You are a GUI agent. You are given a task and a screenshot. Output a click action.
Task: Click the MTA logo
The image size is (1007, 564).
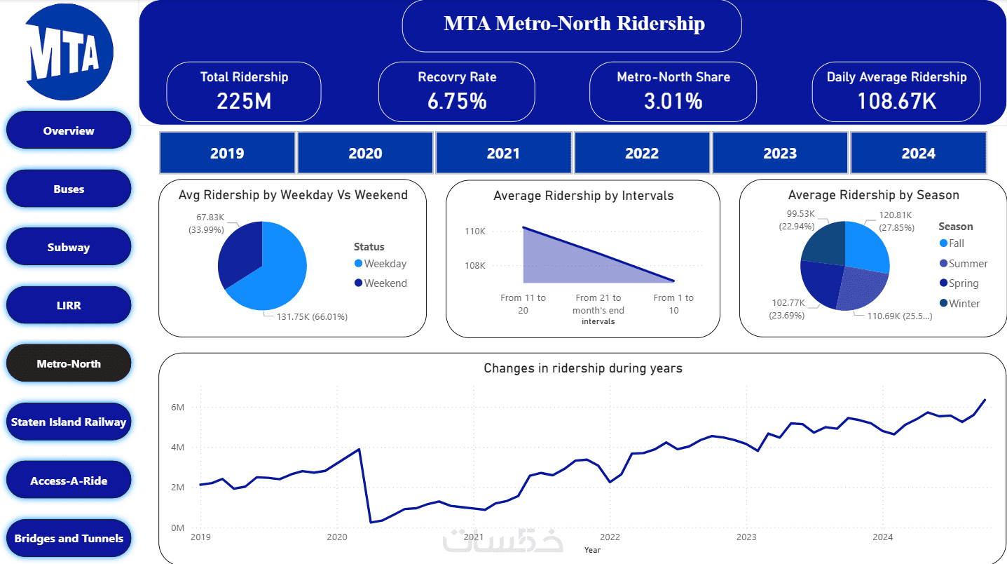click(x=69, y=53)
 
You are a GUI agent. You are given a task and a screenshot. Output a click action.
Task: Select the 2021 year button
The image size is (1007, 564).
click(x=503, y=153)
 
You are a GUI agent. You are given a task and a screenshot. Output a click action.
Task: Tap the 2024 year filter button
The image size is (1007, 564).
click(x=918, y=153)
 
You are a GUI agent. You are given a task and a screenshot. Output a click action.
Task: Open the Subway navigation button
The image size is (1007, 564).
click(x=69, y=247)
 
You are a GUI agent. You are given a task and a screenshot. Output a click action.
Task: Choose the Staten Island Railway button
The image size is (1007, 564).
click(x=69, y=422)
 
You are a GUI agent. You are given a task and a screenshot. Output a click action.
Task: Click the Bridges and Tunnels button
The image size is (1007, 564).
click(x=69, y=538)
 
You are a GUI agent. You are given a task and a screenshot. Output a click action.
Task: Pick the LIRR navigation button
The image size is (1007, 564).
click(x=69, y=305)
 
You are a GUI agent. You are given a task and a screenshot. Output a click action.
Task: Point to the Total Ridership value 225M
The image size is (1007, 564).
click(x=244, y=101)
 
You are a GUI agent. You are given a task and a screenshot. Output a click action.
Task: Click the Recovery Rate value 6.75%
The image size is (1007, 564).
click(x=457, y=101)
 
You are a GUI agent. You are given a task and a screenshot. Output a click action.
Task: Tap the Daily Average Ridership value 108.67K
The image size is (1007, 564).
click(x=896, y=101)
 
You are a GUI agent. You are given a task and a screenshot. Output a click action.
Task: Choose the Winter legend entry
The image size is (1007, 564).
click(x=959, y=304)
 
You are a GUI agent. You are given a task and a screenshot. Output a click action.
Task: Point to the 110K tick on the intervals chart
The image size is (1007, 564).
click(x=474, y=231)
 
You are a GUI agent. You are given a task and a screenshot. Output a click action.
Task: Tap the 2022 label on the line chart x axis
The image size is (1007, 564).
click(x=610, y=537)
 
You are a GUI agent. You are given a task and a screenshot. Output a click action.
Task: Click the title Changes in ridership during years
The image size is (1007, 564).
click(x=582, y=368)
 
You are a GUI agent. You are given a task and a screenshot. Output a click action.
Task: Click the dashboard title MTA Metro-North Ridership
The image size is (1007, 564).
click(x=574, y=24)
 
